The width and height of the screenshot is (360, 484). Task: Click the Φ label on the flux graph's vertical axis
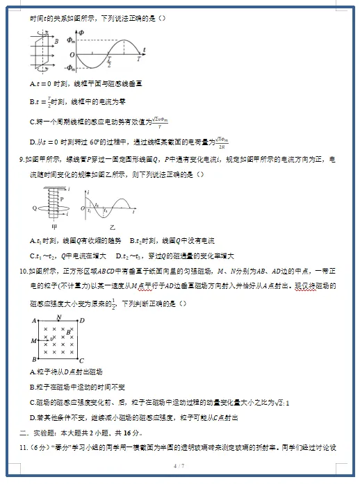coord(82,32)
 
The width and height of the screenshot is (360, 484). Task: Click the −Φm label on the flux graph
coord(71,68)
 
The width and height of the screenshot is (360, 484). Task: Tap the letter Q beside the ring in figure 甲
coord(34,208)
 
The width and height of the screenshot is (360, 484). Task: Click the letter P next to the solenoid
coord(60,198)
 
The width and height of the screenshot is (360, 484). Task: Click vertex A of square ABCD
coord(33,320)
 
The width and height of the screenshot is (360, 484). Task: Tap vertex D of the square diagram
coord(82,320)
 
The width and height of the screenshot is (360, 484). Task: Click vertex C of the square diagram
coord(81,360)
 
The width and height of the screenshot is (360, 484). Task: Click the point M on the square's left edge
coord(33,341)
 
